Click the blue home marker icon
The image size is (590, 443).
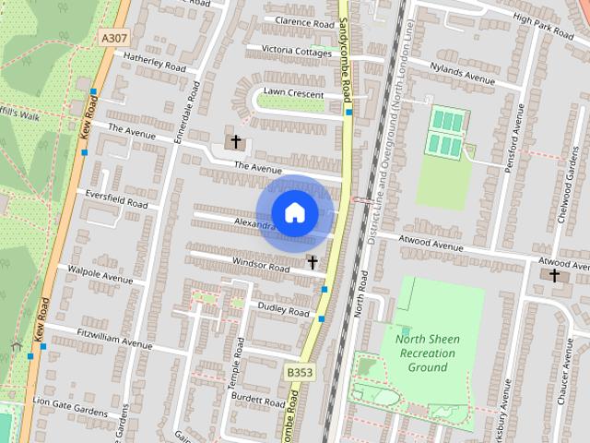click(294, 212)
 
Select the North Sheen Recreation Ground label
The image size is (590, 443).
click(426, 353)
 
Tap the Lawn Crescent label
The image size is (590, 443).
click(293, 94)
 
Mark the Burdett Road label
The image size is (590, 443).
click(258, 402)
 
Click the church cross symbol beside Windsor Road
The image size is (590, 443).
click(313, 263)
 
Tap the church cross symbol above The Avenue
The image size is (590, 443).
click(236, 142)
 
